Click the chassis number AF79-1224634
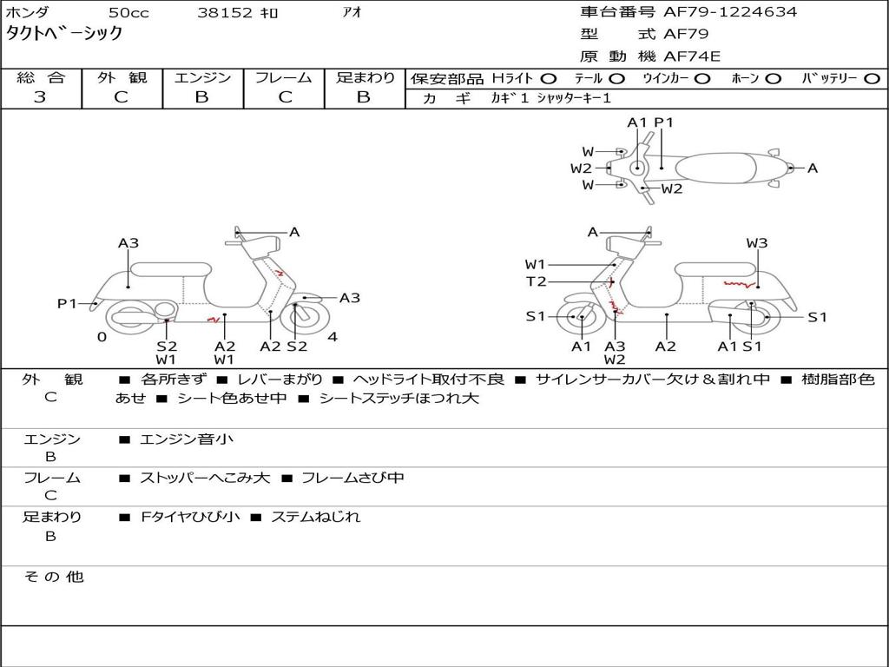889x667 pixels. tap(730, 12)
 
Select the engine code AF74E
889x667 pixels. tap(692, 56)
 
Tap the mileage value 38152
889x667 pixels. tap(225, 12)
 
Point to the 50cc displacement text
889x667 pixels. tap(128, 12)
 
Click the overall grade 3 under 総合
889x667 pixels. tap(40, 96)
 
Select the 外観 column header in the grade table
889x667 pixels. tap(122, 77)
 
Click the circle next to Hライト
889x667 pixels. tap(549, 79)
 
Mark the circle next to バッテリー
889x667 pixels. tap(872, 79)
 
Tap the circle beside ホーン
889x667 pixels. tap(773, 79)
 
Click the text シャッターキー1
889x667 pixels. tap(574, 98)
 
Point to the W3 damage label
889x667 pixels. tap(757, 243)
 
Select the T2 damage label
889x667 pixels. tap(536, 281)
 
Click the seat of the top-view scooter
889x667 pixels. tap(716, 168)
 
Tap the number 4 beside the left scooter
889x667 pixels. tap(333, 337)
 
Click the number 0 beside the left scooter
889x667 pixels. tap(102, 337)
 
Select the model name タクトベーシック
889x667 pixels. tap(64, 34)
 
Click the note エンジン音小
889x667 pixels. tap(187, 439)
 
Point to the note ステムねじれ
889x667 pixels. tap(316, 517)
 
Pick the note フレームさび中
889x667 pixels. tap(352, 478)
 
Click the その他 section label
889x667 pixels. tap(54, 577)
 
